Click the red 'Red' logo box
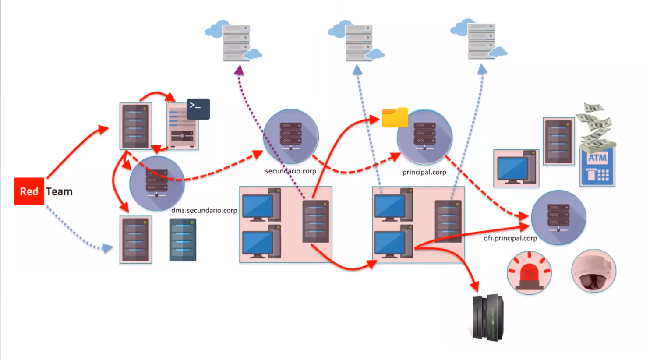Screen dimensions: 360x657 pos(29,191)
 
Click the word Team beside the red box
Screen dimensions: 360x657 pos(59,191)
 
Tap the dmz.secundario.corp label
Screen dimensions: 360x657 pos(204,210)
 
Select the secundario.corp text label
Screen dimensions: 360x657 pos(290,171)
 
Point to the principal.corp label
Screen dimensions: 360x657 pos(424,172)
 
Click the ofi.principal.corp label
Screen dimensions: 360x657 pos(510,238)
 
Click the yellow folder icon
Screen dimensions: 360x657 pos(395,117)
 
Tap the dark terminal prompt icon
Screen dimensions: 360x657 pos(198,109)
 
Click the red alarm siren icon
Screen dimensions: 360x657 pos(529,272)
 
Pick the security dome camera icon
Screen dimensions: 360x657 pos(593,271)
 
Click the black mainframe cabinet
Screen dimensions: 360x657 pos(488,318)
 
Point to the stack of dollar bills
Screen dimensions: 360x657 pos(596,125)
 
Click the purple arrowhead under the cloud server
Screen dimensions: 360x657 pos(239,71)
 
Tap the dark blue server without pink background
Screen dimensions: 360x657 pos(183,240)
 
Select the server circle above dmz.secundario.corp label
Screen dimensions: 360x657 pos(157,183)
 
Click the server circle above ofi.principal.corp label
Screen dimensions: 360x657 pos(558,217)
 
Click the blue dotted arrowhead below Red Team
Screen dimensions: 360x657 pos(107,249)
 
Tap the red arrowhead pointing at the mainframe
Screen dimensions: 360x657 pos(474,287)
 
